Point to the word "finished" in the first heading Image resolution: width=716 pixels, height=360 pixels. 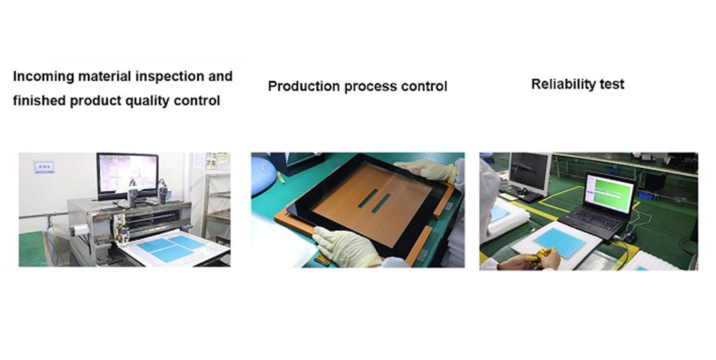[x=40, y=101]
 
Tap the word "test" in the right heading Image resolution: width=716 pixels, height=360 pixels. [x=610, y=85]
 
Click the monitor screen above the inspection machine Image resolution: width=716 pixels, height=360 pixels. [x=127, y=173]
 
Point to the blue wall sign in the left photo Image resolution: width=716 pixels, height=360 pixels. [x=44, y=167]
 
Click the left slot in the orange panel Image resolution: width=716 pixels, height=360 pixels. [x=368, y=199]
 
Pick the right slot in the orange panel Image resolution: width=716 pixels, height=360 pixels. [x=381, y=203]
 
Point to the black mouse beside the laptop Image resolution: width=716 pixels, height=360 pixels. [x=630, y=237]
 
